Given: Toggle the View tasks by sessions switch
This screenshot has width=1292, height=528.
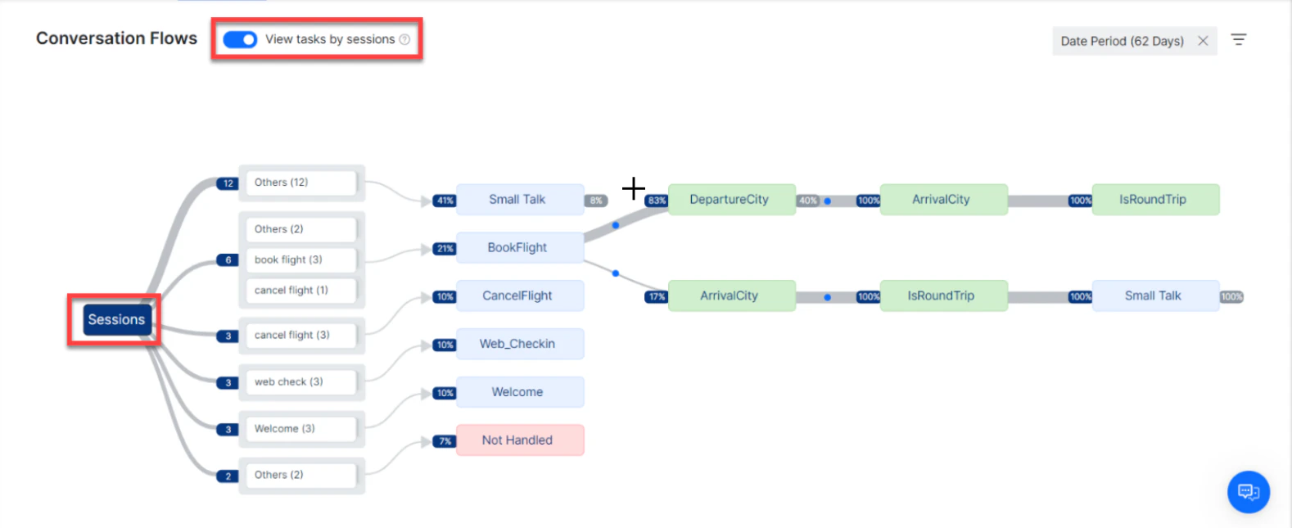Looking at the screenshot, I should pyautogui.click(x=240, y=39).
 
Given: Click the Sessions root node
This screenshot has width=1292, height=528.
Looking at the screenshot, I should pyautogui.click(x=116, y=319).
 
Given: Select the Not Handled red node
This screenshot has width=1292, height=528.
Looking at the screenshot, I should pyautogui.click(x=519, y=440).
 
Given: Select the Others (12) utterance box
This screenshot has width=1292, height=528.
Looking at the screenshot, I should pyautogui.click(x=300, y=183).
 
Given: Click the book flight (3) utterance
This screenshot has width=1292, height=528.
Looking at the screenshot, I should pyautogui.click(x=300, y=259).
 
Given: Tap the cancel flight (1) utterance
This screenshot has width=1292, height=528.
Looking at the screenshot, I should pyautogui.click(x=300, y=291).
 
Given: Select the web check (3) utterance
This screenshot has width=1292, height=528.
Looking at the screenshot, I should pyautogui.click(x=300, y=381).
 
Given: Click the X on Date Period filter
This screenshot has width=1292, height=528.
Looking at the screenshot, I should pyautogui.click(x=1203, y=41).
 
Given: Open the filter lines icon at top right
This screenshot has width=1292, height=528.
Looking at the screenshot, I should pyautogui.click(x=1239, y=39).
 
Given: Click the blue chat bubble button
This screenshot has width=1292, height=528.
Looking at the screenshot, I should pyautogui.click(x=1248, y=492).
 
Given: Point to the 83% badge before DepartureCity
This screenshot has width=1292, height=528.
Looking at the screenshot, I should pyautogui.click(x=656, y=201).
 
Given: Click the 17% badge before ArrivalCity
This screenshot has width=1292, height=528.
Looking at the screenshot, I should pyautogui.click(x=656, y=297).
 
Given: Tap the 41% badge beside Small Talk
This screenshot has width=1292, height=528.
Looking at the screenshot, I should pyautogui.click(x=444, y=201).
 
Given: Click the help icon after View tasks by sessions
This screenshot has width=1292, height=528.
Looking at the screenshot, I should pyautogui.click(x=404, y=39).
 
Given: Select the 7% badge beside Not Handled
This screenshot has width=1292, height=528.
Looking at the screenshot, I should pyautogui.click(x=444, y=441).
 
